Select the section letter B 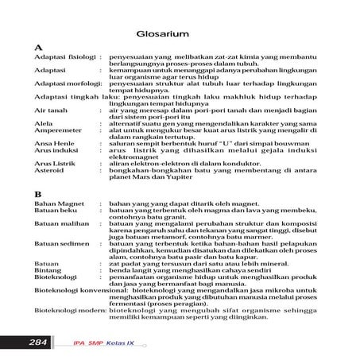click(38, 194)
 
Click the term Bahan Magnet click(58, 204)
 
